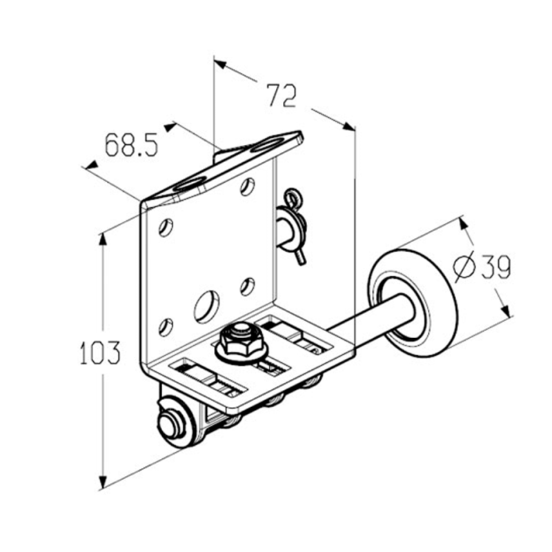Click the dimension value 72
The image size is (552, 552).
282,95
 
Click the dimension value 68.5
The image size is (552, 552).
132,144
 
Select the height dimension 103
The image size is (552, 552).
100,352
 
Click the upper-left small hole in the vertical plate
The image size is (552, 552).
166,227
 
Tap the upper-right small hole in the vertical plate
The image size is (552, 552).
248,186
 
